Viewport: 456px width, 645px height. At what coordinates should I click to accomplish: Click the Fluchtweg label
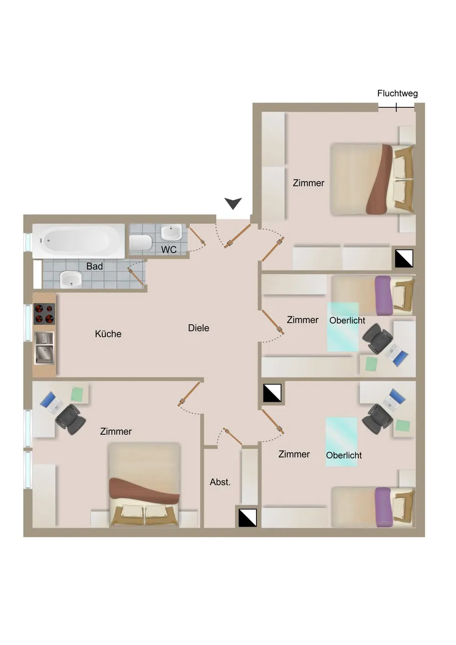point(397,93)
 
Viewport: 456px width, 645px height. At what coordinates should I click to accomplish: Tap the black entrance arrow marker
point(233,203)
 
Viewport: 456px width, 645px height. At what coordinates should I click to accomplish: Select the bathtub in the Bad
point(78,241)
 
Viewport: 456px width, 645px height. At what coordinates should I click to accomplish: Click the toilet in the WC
point(141,243)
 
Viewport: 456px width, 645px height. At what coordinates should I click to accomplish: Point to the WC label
point(169,249)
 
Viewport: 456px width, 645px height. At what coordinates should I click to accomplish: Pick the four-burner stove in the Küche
point(44,313)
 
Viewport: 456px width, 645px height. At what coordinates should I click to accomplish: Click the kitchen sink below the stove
point(44,348)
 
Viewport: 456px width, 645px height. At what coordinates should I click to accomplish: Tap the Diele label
point(199,328)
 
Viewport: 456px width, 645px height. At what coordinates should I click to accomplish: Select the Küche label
point(108,334)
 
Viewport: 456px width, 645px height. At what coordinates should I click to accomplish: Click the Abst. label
point(220,482)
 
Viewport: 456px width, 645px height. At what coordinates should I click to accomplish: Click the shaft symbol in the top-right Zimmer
point(404,259)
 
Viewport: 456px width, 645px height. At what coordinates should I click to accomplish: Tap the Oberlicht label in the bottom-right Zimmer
point(344,455)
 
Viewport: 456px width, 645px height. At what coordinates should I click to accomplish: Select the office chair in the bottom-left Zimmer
point(71,419)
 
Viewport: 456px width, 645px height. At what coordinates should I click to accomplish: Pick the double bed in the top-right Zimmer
point(372,179)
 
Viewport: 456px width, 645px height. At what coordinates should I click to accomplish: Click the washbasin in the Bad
point(71,279)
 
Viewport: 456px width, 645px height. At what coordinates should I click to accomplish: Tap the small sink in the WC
point(171,232)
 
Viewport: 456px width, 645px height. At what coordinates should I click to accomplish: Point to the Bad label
point(94,266)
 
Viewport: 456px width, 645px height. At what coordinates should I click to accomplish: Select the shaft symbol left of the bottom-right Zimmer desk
point(272,393)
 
